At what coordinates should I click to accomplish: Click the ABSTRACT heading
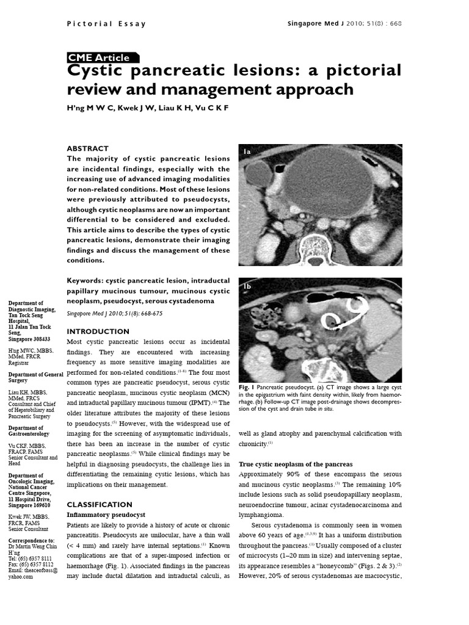click(x=87, y=148)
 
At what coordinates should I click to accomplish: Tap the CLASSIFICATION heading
click(x=99, y=505)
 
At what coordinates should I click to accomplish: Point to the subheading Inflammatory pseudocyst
click(x=107, y=516)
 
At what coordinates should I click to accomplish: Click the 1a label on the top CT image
click(x=247, y=151)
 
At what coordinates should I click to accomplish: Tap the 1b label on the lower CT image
click(x=247, y=286)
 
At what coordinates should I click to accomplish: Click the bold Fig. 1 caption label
click(x=246, y=388)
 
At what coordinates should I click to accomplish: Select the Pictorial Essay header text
click(x=106, y=24)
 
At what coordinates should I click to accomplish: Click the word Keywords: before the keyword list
click(x=84, y=281)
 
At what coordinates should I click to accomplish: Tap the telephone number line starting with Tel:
click(x=30, y=558)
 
